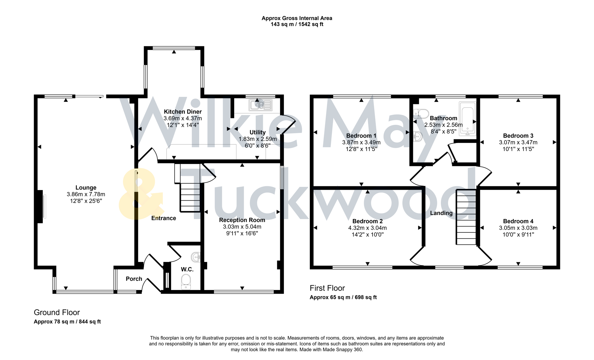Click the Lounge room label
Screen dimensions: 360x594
[86, 188]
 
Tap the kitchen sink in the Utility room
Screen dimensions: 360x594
[260, 105]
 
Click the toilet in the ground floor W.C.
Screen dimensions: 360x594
[186, 282]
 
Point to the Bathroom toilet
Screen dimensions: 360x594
[421, 114]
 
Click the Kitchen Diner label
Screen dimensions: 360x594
[182, 112]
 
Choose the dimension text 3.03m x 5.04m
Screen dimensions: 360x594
[242, 227]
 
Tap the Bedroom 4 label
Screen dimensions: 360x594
[518, 221]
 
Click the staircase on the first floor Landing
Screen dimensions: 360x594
[466, 217]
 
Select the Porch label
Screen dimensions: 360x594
[134, 279]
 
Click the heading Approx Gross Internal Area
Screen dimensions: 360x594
[296, 18]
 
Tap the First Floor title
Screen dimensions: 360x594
[327, 288]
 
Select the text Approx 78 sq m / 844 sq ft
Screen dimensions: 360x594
[67, 322]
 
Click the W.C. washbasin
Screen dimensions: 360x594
[196, 257]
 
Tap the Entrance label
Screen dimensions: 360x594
[163, 218]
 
